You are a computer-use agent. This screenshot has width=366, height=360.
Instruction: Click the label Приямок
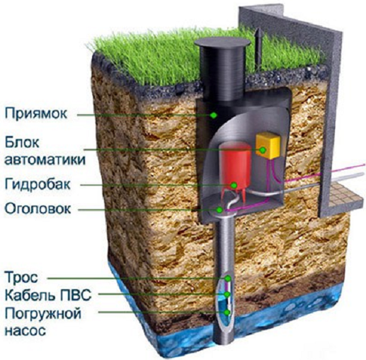pyautogui.click(x=36, y=113)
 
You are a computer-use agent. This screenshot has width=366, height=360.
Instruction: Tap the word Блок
pyautogui.click(x=22, y=142)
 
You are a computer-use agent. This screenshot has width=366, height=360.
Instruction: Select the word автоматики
pyautogui.click(x=45, y=160)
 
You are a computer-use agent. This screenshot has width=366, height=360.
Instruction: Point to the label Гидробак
pyautogui.click(x=38, y=184)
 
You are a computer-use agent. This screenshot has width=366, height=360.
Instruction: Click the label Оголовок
pyautogui.click(x=38, y=209)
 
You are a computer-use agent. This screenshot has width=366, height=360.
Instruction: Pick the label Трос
pyautogui.click(x=21, y=277)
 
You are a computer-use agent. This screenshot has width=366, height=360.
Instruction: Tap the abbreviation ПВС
pyautogui.click(x=76, y=295)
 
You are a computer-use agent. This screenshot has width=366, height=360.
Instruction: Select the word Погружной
pyautogui.click(x=43, y=314)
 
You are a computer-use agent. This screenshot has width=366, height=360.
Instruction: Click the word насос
pyautogui.click(x=25, y=330)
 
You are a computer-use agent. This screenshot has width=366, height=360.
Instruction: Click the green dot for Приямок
pyautogui.click(x=214, y=115)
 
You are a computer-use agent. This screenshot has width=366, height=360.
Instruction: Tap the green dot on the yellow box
pyautogui.click(x=263, y=150)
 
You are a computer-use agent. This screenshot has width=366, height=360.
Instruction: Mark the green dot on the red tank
pyautogui.click(x=234, y=185)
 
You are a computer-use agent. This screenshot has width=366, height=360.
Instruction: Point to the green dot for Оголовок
pyautogui.click(x=219, y=210)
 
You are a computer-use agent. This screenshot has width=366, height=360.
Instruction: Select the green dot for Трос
pyautogui.click(x=227, y=279)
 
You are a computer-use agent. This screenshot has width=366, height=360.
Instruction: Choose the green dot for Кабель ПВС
pyautogui.click(x=227, y=294)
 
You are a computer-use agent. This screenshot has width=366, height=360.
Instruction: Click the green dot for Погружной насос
pyautogui.click(x=227, y=313)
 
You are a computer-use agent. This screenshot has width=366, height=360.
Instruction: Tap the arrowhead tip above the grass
pyautogui.click(x=258, y=28)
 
